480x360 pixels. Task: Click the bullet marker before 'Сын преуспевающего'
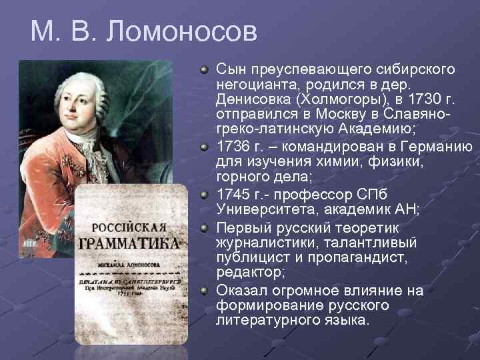[x=205, y=69]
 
